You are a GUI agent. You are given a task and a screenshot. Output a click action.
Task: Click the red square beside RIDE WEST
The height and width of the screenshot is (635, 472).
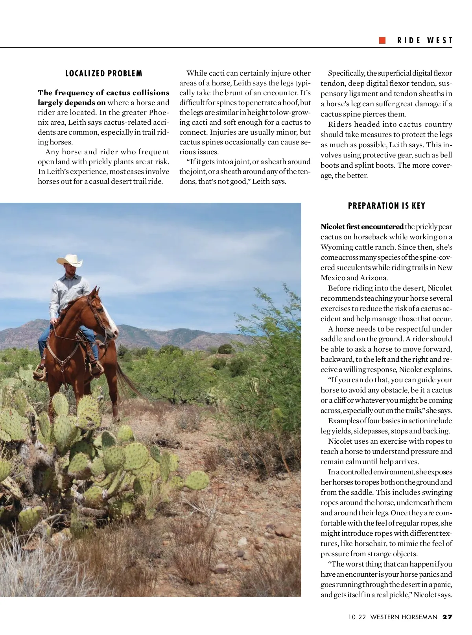(382, 40)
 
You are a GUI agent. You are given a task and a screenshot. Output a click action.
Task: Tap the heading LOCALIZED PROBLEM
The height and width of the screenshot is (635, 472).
(104, 74)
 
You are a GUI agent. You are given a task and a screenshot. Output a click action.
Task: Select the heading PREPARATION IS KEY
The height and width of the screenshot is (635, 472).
(387, 206)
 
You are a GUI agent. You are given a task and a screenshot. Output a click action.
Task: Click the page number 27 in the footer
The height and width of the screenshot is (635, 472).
(447, 617)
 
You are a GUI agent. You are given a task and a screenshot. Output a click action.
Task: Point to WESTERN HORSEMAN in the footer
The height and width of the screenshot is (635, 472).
(404, 617)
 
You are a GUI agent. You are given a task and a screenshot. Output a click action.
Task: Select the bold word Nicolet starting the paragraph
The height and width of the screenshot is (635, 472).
(333, 227)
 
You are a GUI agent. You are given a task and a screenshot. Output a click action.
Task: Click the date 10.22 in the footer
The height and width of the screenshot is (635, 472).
(357, 617)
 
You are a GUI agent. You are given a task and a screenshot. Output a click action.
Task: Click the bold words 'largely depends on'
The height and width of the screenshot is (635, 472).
(72, 103)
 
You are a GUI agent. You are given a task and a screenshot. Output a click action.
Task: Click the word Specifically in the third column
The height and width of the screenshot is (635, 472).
(346, 73)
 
